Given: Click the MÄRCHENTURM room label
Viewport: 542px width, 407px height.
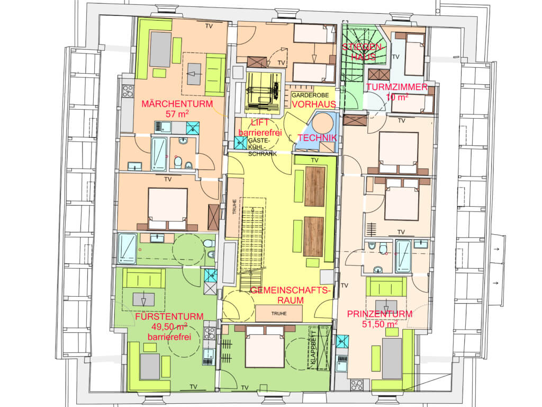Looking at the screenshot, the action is tap(177, 103).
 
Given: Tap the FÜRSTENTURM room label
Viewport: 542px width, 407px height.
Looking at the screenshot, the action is tap(169, 316).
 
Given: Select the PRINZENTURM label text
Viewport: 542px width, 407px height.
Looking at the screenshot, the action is tap(380, 314).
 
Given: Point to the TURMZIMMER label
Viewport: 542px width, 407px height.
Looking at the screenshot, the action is tap(397, 87).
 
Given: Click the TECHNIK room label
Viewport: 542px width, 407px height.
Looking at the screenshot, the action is tap(317, 138).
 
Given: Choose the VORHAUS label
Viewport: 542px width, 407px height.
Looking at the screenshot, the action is tap(314, 104).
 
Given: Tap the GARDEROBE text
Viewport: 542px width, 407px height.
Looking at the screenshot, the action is tap(310, 95).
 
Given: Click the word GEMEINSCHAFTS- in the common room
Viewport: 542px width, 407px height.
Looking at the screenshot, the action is tap(291, 290).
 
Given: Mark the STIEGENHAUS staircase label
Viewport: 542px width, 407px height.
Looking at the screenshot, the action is tap(362, 52).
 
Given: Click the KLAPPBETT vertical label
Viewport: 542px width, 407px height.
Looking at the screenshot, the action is tap(313, 347).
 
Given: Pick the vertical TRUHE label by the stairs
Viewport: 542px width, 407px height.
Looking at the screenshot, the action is tap(234, 207).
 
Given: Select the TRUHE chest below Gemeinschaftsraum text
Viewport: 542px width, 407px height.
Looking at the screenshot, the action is tap(278, 313).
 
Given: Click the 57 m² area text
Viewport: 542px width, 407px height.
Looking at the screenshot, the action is tap(177, 114).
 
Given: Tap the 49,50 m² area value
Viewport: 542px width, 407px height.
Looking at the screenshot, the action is tap(169, 326).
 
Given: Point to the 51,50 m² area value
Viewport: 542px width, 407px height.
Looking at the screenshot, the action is tap(380, 324).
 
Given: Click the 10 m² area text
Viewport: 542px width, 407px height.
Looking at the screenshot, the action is tap(397, 98).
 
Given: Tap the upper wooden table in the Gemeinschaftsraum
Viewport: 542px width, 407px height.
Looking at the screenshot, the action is tap(314, 187).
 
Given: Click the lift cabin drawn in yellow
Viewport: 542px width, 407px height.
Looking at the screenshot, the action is tap(264, 91).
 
